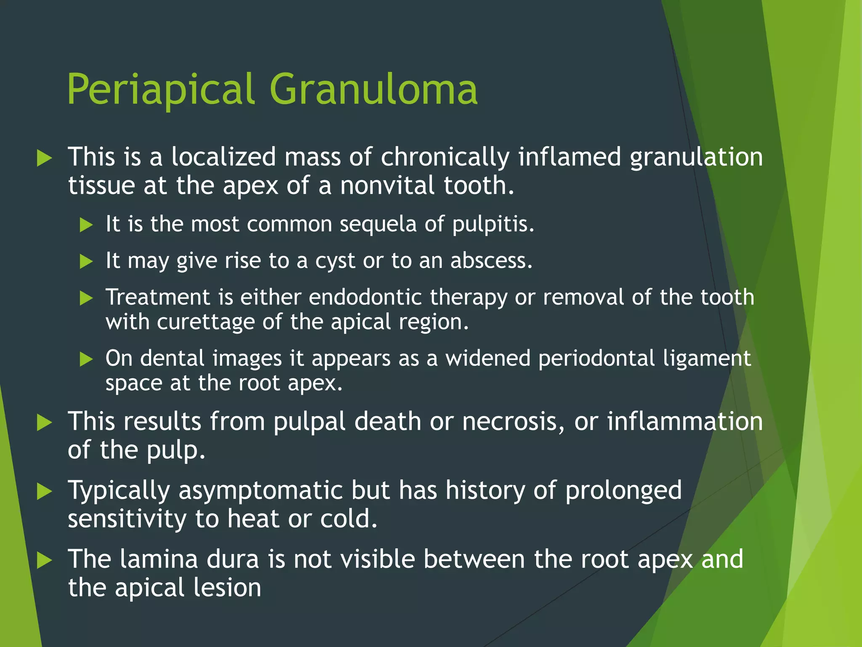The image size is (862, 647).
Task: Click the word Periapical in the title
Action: (x=161, y=90)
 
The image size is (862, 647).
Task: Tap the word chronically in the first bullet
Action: (x=445, y=158)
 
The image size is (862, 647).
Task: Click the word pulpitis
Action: (x=493, y=224)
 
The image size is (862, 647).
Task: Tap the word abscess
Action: (x=491, y=261)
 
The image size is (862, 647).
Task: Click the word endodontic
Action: (x=365, y=297)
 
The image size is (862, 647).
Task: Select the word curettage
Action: (x=206, y=322)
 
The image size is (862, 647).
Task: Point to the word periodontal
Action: (x=596, y=359)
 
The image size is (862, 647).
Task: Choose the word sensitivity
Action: (x=127, y=519)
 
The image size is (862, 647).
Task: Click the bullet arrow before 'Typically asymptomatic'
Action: (x=44, y=491)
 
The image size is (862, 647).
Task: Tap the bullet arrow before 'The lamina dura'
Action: (x=44, y=560)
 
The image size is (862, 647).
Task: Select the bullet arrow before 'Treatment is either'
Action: (x=86, y=298)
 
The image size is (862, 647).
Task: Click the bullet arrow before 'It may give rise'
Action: (x=86, y=262)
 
